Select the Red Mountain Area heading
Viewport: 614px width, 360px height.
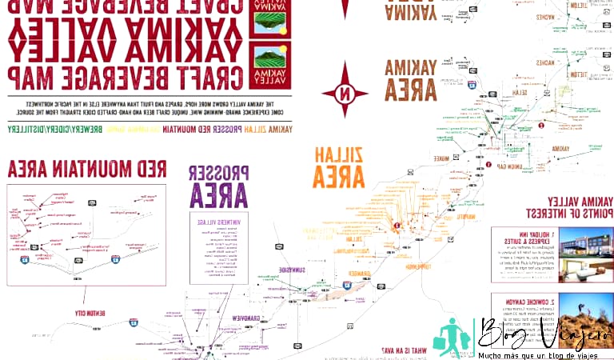(87, 168)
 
